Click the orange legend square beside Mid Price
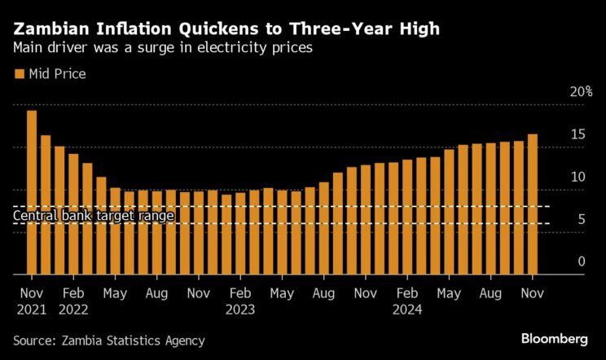click(19, 74)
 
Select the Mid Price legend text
click(57, 74)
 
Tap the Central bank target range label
click(94, 216)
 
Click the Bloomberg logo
click(555, 338)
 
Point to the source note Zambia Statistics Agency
click(109, 340)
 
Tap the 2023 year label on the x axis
click(240, 309)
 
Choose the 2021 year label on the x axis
click(32, 309)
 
